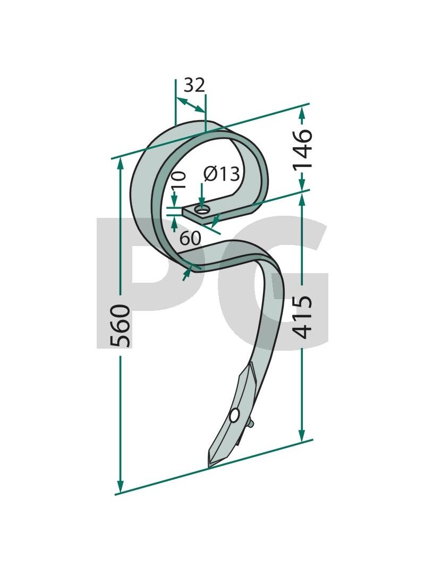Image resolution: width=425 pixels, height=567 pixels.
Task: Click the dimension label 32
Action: point(194,86)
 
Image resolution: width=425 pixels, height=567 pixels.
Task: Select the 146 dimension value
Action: point(302,148)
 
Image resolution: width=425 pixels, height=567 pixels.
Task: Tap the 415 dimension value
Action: point(302,317)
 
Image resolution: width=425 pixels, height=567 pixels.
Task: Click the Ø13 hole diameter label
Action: point(221,174)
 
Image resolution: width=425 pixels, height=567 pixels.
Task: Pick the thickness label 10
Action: point(178,180)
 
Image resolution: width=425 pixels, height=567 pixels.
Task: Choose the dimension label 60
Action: point(190,238)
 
